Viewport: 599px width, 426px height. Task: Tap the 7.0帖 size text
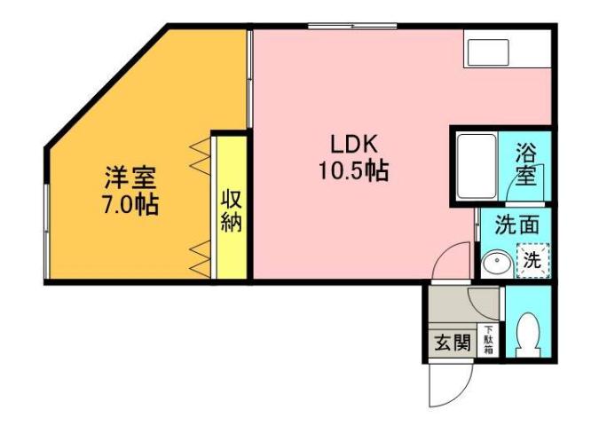point(130,206)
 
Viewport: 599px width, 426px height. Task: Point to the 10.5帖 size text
point(354,171)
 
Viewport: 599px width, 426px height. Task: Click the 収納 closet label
point(231,209)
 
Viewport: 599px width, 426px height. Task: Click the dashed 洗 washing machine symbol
point(532,261)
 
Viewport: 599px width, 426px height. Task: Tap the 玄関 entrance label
point(452,343)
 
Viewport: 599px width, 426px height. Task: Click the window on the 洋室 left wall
point(46,213)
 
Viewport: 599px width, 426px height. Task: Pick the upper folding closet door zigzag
point(200,156)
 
